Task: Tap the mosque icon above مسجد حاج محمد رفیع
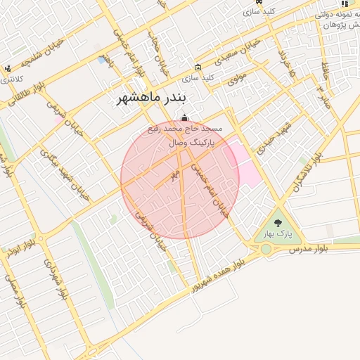pyautogui.click(x=184, y=118)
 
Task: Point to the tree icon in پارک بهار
pyautogui.click(x=278, y=222)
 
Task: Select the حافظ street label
pyautogui.click(x=326, y=70)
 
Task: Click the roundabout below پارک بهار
pyautogui.click(x=266, y=249)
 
